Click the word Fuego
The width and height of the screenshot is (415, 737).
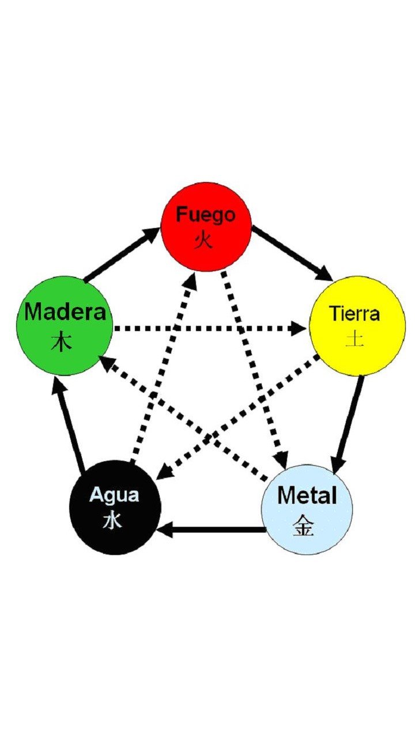coord(206,215)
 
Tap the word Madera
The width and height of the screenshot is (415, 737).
coord(65,311)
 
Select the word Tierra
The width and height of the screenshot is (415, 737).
coord(354,314)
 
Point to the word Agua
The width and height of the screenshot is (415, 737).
coord(114,495)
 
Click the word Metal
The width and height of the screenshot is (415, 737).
coord(307,495)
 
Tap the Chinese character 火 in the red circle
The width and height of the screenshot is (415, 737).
coord(203,240)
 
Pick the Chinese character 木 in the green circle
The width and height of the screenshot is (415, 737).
coord(62,342)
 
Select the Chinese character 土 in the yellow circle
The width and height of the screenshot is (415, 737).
coord(354,339)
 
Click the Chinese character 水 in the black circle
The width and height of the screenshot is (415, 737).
coord(112,520)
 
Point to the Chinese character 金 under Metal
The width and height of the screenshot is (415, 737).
coord(303,525)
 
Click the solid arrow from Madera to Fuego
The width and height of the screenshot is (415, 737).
coord(122,254)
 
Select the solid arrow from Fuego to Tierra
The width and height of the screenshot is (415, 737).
coord(293,252)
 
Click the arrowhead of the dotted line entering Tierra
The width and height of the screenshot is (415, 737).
coord(299,329)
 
